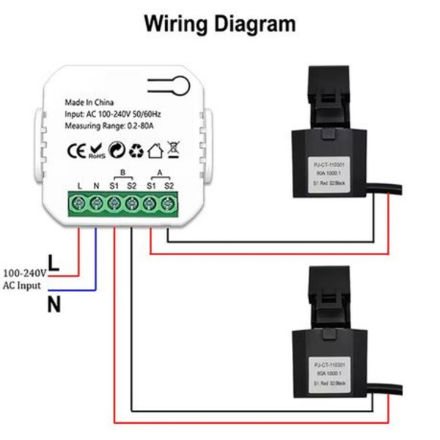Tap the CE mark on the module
coord(76,152)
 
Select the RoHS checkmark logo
coord(97,153)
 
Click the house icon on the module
coord(155,152)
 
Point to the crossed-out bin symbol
coord(174,151)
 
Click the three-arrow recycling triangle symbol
coord(136,152)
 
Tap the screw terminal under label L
coord(79,202)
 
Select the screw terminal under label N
coord(97,202)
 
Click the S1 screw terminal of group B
coord(114,202)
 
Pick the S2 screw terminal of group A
coord(169,202)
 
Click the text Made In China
coord(89,103)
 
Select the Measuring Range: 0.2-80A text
coord(111,127)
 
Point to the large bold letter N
coord(54,305)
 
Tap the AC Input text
coord(22,285)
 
